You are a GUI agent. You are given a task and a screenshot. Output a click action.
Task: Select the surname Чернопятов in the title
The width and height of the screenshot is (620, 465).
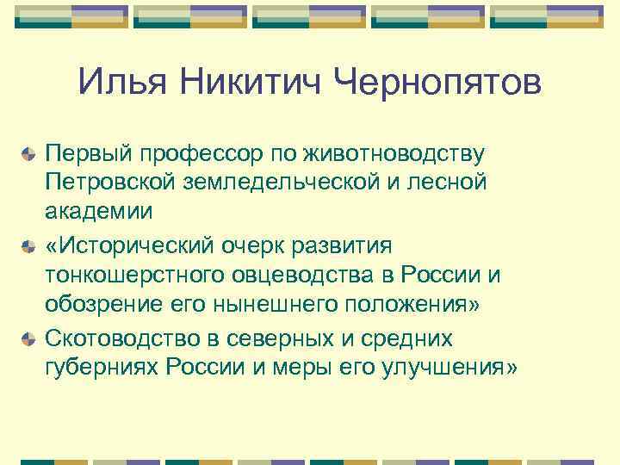(437, 84)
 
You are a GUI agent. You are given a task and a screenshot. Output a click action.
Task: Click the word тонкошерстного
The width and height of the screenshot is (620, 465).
(128, 274)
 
